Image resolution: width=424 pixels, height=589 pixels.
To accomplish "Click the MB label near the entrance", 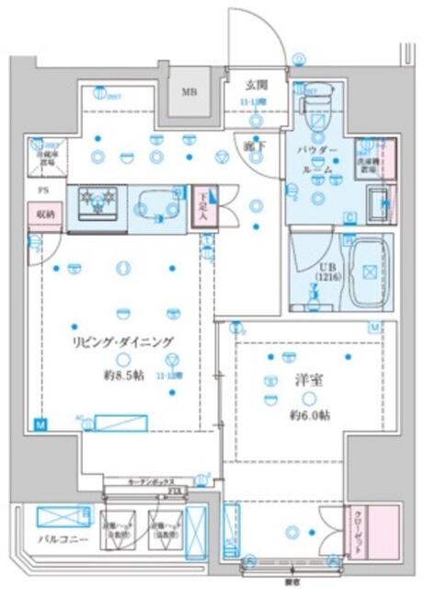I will tap(189, 92).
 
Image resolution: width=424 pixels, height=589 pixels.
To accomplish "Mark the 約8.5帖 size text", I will tap(120, 375).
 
